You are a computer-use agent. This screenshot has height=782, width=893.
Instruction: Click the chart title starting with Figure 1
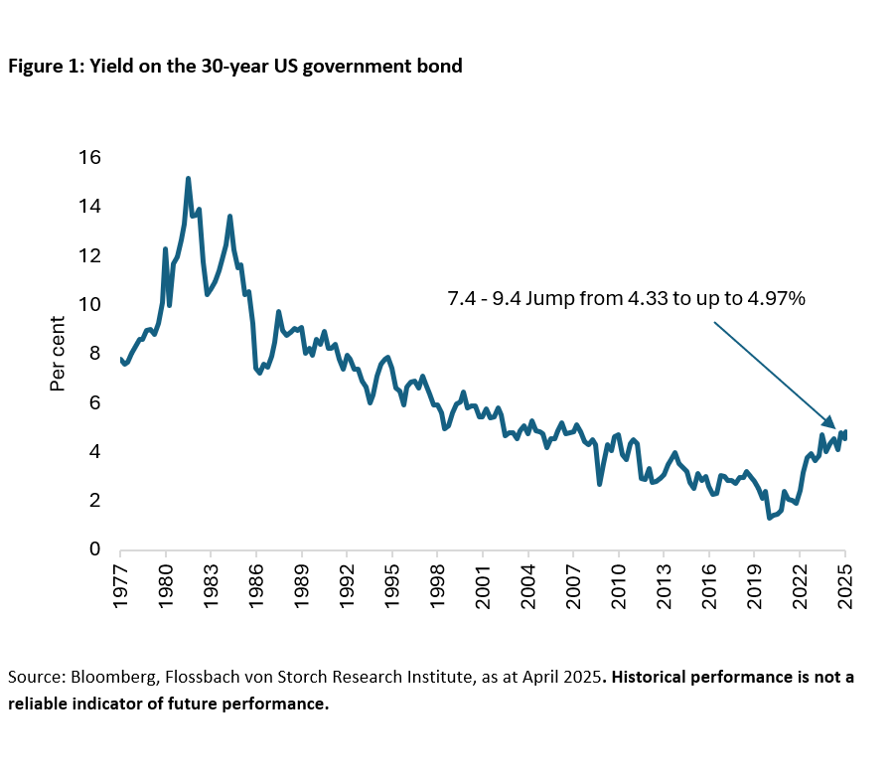pos(235,67)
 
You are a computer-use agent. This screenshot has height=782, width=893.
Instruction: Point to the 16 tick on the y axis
pos(88,158)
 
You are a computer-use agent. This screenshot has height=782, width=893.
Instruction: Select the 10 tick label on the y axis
pos(88,305)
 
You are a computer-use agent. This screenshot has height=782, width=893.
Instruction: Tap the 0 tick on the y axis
pos(95,549)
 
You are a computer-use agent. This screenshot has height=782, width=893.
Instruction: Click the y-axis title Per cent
pos(59,354)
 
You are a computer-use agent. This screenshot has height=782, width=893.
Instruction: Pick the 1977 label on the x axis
pos(120,575)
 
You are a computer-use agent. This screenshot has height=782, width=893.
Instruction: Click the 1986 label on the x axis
pos(256,575)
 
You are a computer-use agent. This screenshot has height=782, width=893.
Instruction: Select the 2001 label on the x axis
pos(483,575)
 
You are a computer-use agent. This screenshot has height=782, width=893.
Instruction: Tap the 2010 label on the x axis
pos(619,575)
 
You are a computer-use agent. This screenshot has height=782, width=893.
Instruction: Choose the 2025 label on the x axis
pos(845,575)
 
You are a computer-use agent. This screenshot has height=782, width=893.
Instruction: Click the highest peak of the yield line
pos(188,179)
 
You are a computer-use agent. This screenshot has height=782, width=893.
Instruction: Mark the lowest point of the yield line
pos(769,518)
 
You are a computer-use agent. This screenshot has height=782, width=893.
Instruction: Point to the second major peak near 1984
pos(229,216)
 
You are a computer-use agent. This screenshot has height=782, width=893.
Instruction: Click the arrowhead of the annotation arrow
pos(835,424)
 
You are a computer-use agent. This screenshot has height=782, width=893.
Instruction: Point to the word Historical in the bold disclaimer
pos(656,677)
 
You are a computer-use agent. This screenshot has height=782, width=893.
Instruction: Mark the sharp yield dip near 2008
pos(599,483)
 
